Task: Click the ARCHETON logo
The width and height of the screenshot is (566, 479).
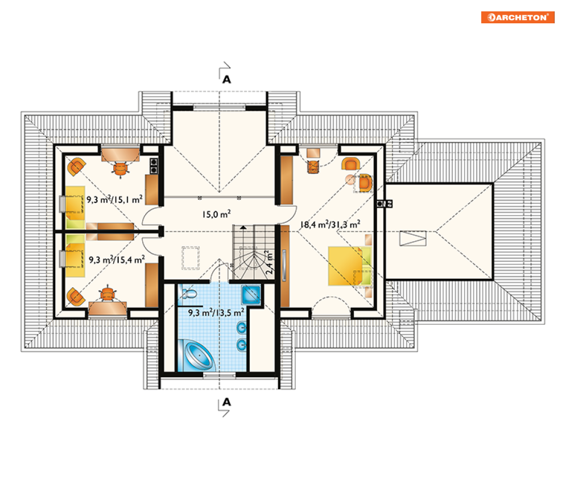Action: pos(518,17)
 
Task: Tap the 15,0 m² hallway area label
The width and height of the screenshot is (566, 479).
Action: pos(216,214)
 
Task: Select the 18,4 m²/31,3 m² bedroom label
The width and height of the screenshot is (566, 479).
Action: pos(330,225)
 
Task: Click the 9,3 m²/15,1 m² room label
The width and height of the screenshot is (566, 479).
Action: pos(114,200)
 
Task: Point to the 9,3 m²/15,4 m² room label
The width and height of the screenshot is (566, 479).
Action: pos(117,259)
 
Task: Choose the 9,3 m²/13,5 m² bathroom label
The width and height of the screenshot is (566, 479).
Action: pos(216,312)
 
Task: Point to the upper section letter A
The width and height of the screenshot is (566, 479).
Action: pos(226,80)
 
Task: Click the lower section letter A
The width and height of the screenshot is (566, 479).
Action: pos(226,402)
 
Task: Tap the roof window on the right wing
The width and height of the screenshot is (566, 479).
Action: pos(412,238)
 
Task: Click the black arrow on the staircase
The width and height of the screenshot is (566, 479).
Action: pos(243,228)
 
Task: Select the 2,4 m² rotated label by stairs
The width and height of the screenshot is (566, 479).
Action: pos(269,262)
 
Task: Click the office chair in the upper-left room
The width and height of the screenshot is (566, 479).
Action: pos(121,168)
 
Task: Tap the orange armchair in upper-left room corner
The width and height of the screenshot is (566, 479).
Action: pos(76,167)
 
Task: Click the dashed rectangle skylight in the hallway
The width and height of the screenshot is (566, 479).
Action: pos(190,258)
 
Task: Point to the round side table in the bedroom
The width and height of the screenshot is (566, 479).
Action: pos(350,179)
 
